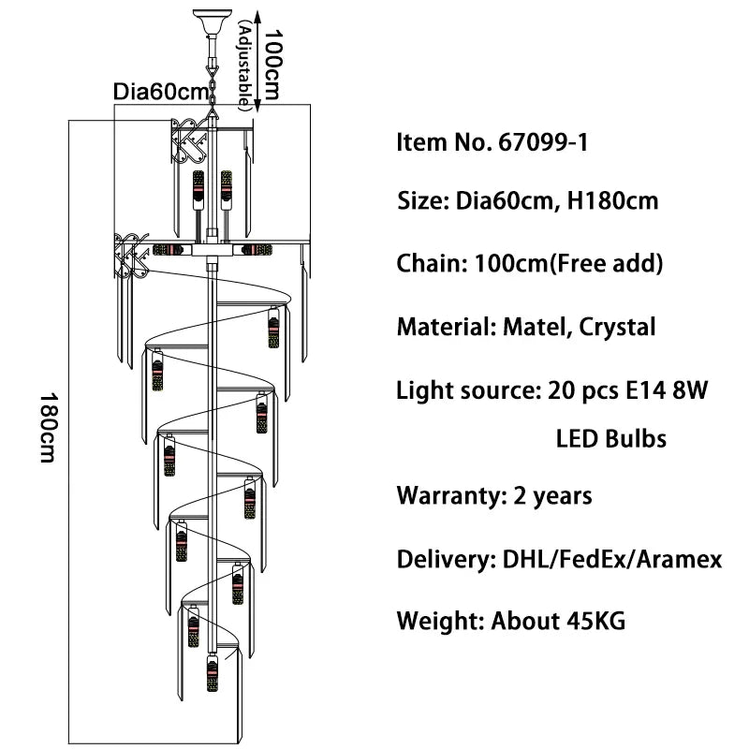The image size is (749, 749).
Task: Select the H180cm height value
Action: click(x=612, y=200)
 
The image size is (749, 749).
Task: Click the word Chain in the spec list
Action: click(x=426, y=264)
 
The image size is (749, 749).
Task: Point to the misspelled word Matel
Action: click(x=533, y=327)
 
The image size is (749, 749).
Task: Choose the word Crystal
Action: click(x=617, y=327)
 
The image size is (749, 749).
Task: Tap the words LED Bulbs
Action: click(x=611, y=438)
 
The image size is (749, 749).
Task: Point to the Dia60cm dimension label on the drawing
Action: click(x=160, y=93)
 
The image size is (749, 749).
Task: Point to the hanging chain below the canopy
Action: click(x=212, y=75)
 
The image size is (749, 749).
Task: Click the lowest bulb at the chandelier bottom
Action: click(x=211, y=673)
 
